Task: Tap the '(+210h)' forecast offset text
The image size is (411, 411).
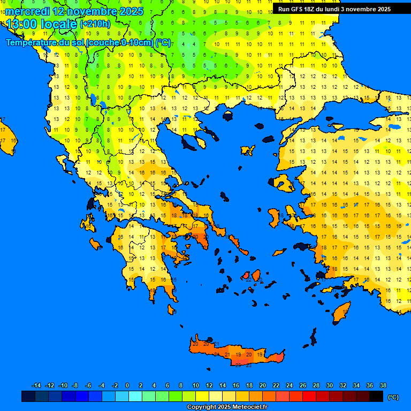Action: pos(95,24)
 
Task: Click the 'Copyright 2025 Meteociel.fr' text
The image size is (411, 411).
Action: pos(227,407)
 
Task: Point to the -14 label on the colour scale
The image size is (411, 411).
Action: pos(36,386)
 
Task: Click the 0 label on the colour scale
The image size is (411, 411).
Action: pos(127,386)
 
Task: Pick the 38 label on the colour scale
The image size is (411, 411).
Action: pos(383,386)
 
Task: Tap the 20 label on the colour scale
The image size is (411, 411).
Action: pos(262,386)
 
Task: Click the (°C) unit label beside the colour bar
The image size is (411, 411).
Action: pos(393,397)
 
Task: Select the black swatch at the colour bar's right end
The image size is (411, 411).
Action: pos(376,397)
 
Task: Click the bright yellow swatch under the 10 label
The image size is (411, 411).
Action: pos(202,397)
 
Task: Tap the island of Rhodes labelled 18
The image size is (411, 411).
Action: pos(341,312)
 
